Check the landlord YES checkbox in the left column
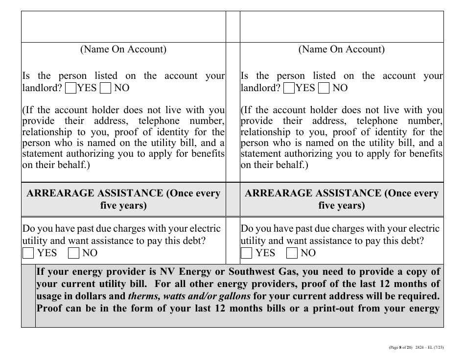(70, 88)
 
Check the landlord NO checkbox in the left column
(105, 88)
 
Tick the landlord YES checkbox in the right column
(289, 88)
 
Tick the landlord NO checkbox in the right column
(324, 88)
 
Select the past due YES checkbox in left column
(28, 253)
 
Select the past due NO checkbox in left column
(73, 253)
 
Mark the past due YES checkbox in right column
(247, 253)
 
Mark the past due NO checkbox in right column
(292, 253)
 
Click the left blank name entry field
(123, 27)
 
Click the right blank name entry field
(342, 27)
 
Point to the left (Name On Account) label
(123, 49)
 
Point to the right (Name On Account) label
(342, 49)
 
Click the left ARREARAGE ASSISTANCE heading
(123, 199)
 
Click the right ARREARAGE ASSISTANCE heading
(342, 199)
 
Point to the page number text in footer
(400, 348)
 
